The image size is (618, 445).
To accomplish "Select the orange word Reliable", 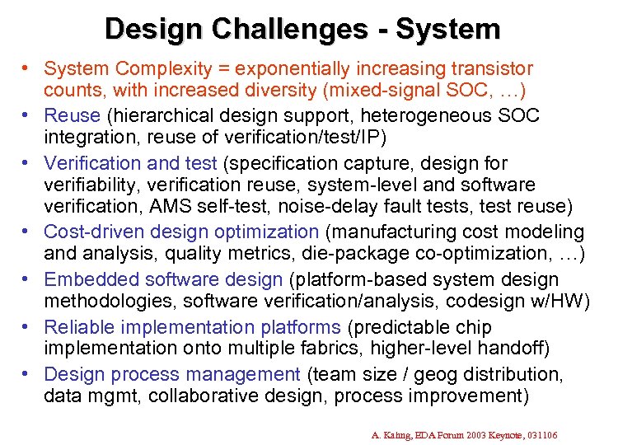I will (77, 328).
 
